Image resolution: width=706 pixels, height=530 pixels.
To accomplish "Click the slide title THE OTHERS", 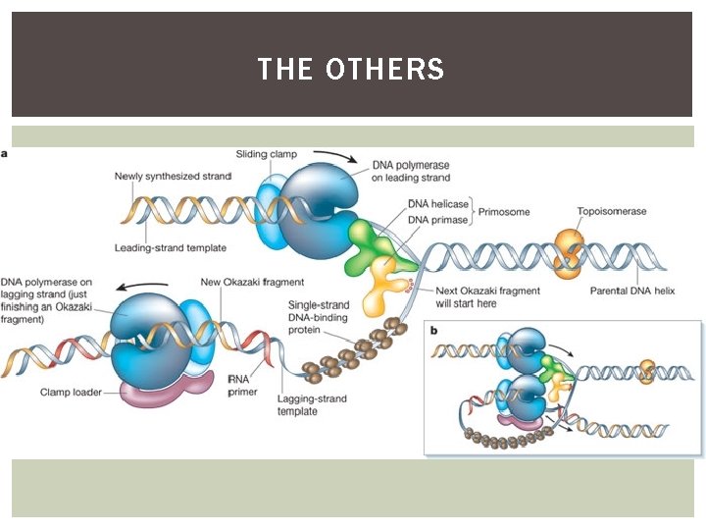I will [351, 70].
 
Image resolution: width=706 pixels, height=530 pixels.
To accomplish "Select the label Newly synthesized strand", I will [173, 177].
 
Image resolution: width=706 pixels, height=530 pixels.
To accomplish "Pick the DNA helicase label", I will [437, 203].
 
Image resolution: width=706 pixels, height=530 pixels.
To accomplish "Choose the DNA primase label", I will [437, 219].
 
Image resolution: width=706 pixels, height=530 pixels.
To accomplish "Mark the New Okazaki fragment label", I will [252, 283].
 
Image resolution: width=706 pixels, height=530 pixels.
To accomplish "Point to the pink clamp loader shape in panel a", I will [163, 390].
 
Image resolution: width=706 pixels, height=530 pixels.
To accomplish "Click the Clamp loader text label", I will [72, 392].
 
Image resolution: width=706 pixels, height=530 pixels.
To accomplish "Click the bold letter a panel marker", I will [7, 154].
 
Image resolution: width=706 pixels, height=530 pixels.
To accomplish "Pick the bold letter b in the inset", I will [435, 330].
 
